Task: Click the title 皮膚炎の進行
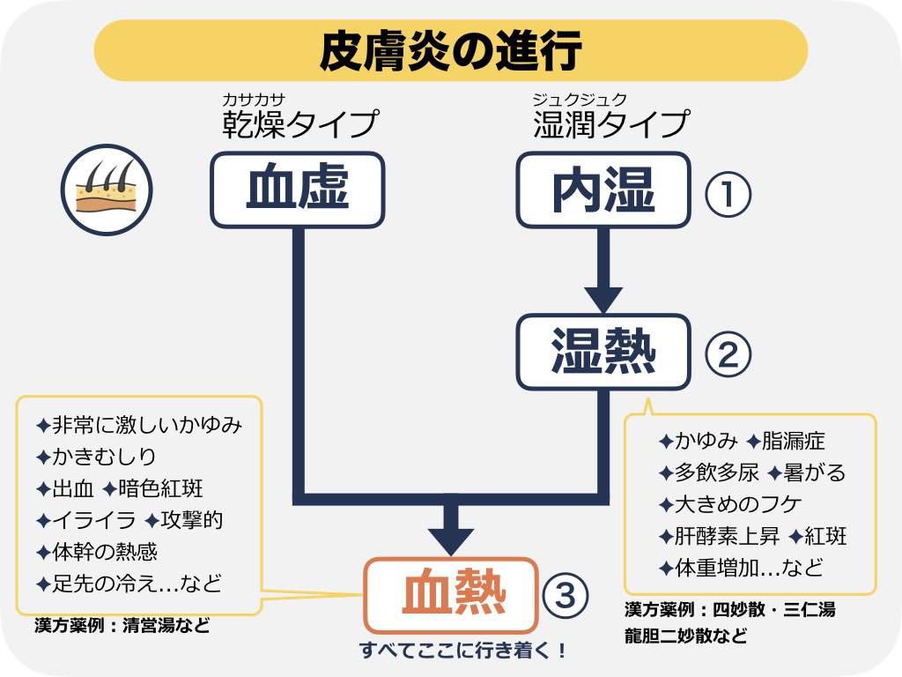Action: click(x=450, y=50)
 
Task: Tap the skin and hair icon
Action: click(x=107, y=190)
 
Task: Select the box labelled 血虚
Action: click(x=297, y=190)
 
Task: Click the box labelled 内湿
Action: click(x=603, y=190)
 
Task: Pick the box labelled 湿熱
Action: click(x=603, y=351)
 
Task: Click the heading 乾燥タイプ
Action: click(x=299, y=124)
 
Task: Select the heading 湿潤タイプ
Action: click(x=610, y=124)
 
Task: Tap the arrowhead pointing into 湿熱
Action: click(x=603, y=299)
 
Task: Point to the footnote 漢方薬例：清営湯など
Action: click(x=122, y=627)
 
